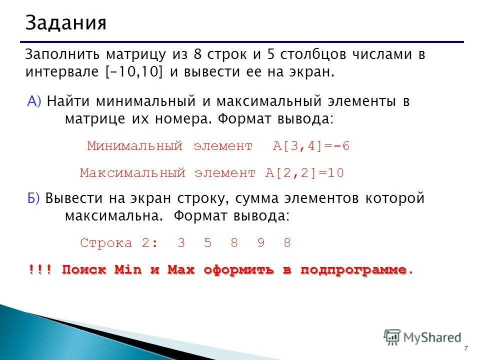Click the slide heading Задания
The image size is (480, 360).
point(66,22)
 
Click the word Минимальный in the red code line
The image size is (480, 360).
point(134,146)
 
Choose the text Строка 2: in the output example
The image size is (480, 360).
point(118,243)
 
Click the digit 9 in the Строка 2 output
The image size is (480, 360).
point(260,243)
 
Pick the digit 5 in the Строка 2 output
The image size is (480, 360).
point(207,243)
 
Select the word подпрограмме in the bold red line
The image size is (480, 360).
point(353,270)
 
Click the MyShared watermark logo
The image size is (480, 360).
point(422,337)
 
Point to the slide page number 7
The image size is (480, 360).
point(466,348)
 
